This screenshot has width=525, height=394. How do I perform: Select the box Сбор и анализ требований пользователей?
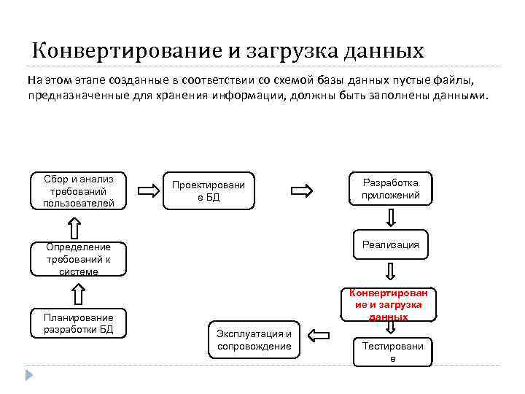point(79,191)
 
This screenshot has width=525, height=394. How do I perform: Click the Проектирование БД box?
point(208,191)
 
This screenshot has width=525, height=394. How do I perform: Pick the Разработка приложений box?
point(391,189)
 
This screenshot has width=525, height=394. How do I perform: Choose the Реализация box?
point(391,245)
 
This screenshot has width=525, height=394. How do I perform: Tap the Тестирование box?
point(392,352)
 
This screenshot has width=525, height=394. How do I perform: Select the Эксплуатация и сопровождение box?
point(254,339)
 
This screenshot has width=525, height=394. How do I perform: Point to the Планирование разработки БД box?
point(79,323)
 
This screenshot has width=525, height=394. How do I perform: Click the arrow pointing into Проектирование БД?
point(149,191)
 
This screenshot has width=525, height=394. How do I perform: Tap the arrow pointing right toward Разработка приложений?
point(301,191)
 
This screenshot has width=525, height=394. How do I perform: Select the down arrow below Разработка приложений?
point(392,217)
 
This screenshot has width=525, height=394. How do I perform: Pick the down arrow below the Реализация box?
point(392,272)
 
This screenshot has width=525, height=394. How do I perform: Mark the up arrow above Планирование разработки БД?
point(79,294)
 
